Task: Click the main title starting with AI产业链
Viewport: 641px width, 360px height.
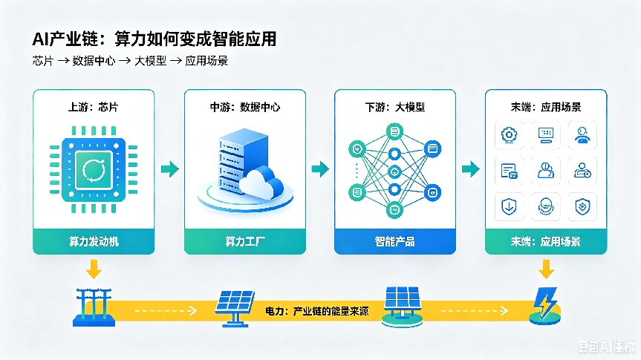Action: point(154,39)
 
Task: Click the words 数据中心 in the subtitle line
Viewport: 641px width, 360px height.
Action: point(94,61)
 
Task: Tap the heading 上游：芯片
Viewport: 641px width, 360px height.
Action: point(93,107)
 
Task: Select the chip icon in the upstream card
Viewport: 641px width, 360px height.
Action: point(94,169)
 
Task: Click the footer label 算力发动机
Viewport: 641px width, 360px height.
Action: point(94,241)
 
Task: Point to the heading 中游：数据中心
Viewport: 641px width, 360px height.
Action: point(245,107)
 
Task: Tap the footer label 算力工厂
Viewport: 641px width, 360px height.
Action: point(245,241)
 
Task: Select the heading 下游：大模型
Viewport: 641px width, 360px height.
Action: point(395,107)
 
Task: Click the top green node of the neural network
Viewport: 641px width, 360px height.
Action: point(394,131)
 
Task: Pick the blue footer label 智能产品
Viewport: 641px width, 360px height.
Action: point(395,241)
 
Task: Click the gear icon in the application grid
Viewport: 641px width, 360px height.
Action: point(509,135)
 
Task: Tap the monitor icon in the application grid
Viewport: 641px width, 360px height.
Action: point(546,135)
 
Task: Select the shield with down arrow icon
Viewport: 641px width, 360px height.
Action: point(509,207)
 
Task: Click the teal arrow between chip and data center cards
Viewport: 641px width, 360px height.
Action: point(169,168)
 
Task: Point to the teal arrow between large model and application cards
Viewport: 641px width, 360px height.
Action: point(470,168)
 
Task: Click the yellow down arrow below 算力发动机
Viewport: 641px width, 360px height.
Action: point(94,269)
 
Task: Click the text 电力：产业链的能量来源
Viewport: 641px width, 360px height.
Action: point(317,311)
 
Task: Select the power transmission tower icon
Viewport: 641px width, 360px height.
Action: point(94,307)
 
